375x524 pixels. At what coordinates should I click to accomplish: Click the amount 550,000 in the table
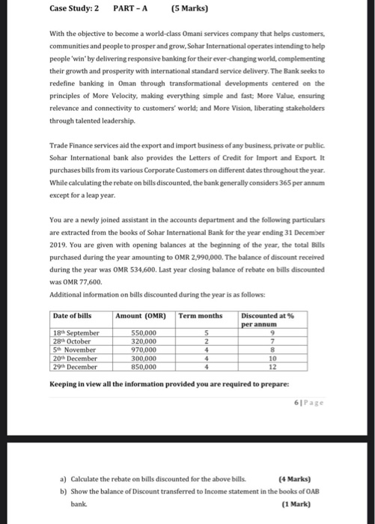[x=144, y=332]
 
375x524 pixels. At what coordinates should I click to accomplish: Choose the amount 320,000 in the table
[x=144, y=340]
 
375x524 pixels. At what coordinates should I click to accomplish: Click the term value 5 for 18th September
[x=205, y=332]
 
